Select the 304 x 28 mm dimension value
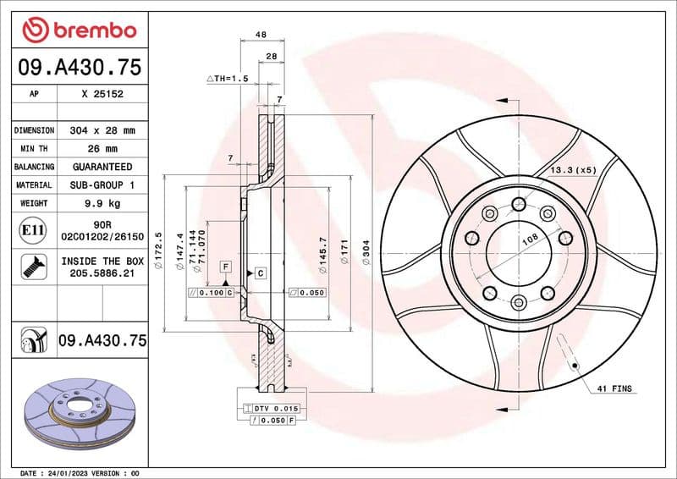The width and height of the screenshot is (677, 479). [x=102, y=131]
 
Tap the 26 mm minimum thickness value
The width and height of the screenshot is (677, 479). [x=102, y=149]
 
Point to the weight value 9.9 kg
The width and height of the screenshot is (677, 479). [x=102, y=203]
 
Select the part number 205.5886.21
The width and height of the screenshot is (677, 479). [x=102, y=273]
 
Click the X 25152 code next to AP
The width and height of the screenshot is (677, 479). [x=102, y=95]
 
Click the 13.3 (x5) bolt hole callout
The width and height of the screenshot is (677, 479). [x=573, y=170]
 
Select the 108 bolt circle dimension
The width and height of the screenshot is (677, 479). [x=530, y=240]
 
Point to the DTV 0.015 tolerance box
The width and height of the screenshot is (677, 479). [x=271, y=409]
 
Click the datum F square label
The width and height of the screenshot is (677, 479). [x=226, y=266]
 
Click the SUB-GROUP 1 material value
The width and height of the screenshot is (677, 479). [x=102, y=184]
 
